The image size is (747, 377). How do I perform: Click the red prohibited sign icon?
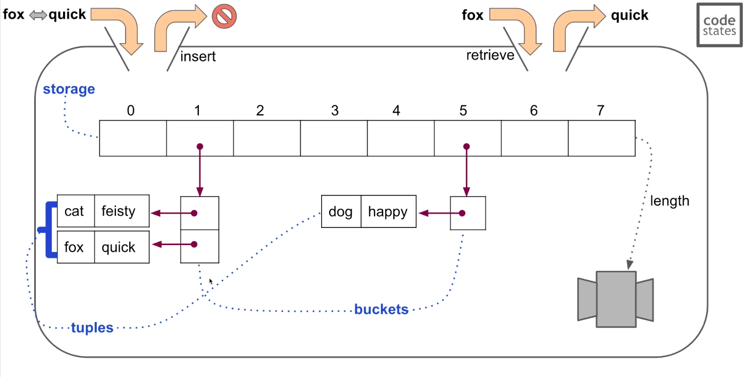pyautogui.click(x=224, y=16)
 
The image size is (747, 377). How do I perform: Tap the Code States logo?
pyautogui.click(x=719, y=24)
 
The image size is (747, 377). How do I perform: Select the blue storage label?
pyautogui.click(x=69, y=89)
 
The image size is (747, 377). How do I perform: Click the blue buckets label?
pyautogui.click(x=381, y=309)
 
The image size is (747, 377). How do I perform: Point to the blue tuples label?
pyautogui.click(x=92, y=327)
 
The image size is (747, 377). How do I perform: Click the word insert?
pyautogui.click(x=198, y=57)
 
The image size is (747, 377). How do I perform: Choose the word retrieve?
pyautogui.click(x=490, y=55)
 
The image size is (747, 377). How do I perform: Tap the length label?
pyautogui.click(x=670, y=201)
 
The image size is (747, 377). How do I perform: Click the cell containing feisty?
pyautogui.click(x=122, y=211)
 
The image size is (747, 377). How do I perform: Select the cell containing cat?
pyautogui.click(x=75, y=211)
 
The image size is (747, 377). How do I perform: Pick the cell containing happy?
pyautogui.click(x=388, y=212)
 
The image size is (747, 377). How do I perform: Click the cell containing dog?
pyautogui.click(x=341, y=212)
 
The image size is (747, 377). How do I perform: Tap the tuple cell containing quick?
pyautogui.click(x=122, y=247)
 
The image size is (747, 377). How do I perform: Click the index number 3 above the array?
pyautogui.click(x=334, y=111)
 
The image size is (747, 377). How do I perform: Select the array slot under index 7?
pyautogui.click(x=602, y=138)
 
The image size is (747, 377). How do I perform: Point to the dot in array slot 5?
pyautogui.click(x=466, y=146)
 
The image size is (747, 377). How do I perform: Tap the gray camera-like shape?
pyautogui.click(x=616, y=299)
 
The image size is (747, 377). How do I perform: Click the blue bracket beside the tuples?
pyautogui.click(x=50, y=230)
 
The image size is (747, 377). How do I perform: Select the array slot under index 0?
pyautogui.click(x=133, y=138)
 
